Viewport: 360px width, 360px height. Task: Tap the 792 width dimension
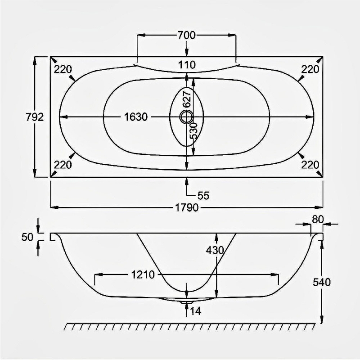coord(35,117)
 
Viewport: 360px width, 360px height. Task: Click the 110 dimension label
coord(187,65)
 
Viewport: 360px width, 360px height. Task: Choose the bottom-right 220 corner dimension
coord(310,164)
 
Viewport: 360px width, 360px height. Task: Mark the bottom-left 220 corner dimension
coord(63,164)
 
